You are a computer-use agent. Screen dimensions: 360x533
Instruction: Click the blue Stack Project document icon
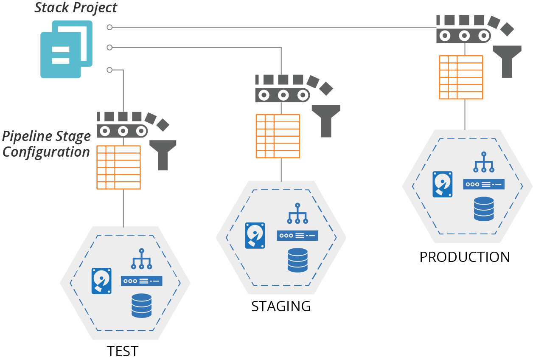coord(65,49)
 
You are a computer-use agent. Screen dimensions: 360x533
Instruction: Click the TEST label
coord(123,352)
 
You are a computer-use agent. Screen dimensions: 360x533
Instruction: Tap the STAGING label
coord(281,306)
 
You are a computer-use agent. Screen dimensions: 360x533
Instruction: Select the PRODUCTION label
coord(465,257)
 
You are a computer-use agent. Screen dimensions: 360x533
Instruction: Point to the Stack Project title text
coord(76,8)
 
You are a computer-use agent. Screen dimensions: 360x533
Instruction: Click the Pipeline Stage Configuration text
coord(46,144)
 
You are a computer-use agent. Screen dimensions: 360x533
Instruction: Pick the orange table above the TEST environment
coord(118,167)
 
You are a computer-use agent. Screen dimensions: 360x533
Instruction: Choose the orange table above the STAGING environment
coord(278,136)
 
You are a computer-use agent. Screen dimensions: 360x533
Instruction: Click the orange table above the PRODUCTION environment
coord(460,77)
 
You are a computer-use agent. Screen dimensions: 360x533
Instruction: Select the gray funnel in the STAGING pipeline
coord(326,121)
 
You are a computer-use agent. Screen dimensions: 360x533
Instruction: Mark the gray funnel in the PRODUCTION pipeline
coord(507,61)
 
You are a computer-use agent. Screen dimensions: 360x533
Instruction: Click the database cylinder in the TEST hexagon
coord(142,306)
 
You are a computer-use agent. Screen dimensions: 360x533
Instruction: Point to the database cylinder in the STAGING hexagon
coord(297,260)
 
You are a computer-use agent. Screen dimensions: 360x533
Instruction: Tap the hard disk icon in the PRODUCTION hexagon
coord(442,184)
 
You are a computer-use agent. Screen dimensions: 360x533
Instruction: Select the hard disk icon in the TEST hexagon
coord(101,281)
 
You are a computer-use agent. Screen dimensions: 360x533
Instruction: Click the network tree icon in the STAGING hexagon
coord(297,213)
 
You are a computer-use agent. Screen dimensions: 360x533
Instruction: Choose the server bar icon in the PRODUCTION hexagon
coord(483,184)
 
